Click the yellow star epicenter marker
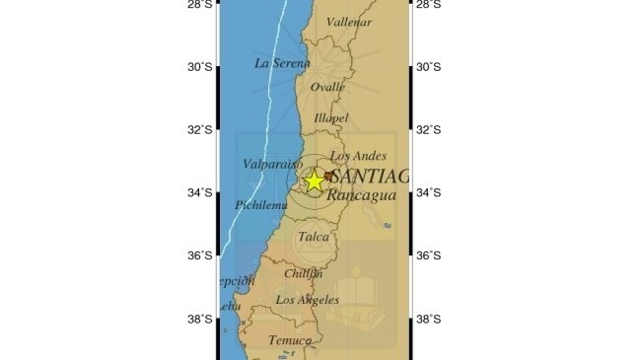315,180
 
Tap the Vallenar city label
349,22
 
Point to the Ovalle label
328,87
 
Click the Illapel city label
331,118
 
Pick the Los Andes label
352,156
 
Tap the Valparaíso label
264,165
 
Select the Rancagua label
361,195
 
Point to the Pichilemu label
260,205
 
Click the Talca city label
314,237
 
